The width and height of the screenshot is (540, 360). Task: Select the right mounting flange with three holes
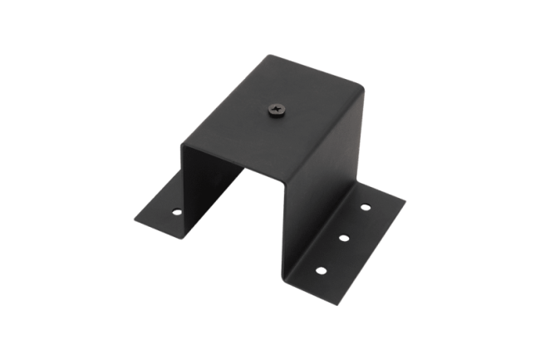click(x=349, y=237)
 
